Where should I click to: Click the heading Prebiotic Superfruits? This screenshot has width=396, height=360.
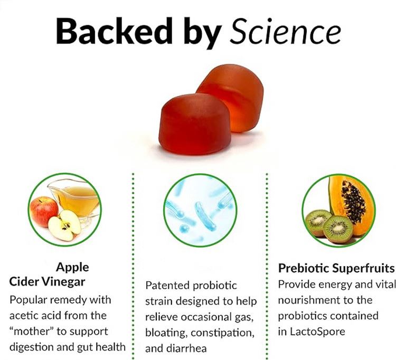click(336, 268)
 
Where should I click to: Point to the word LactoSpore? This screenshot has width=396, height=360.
click(314, 333)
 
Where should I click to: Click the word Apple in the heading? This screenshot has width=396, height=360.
click(72, 267)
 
